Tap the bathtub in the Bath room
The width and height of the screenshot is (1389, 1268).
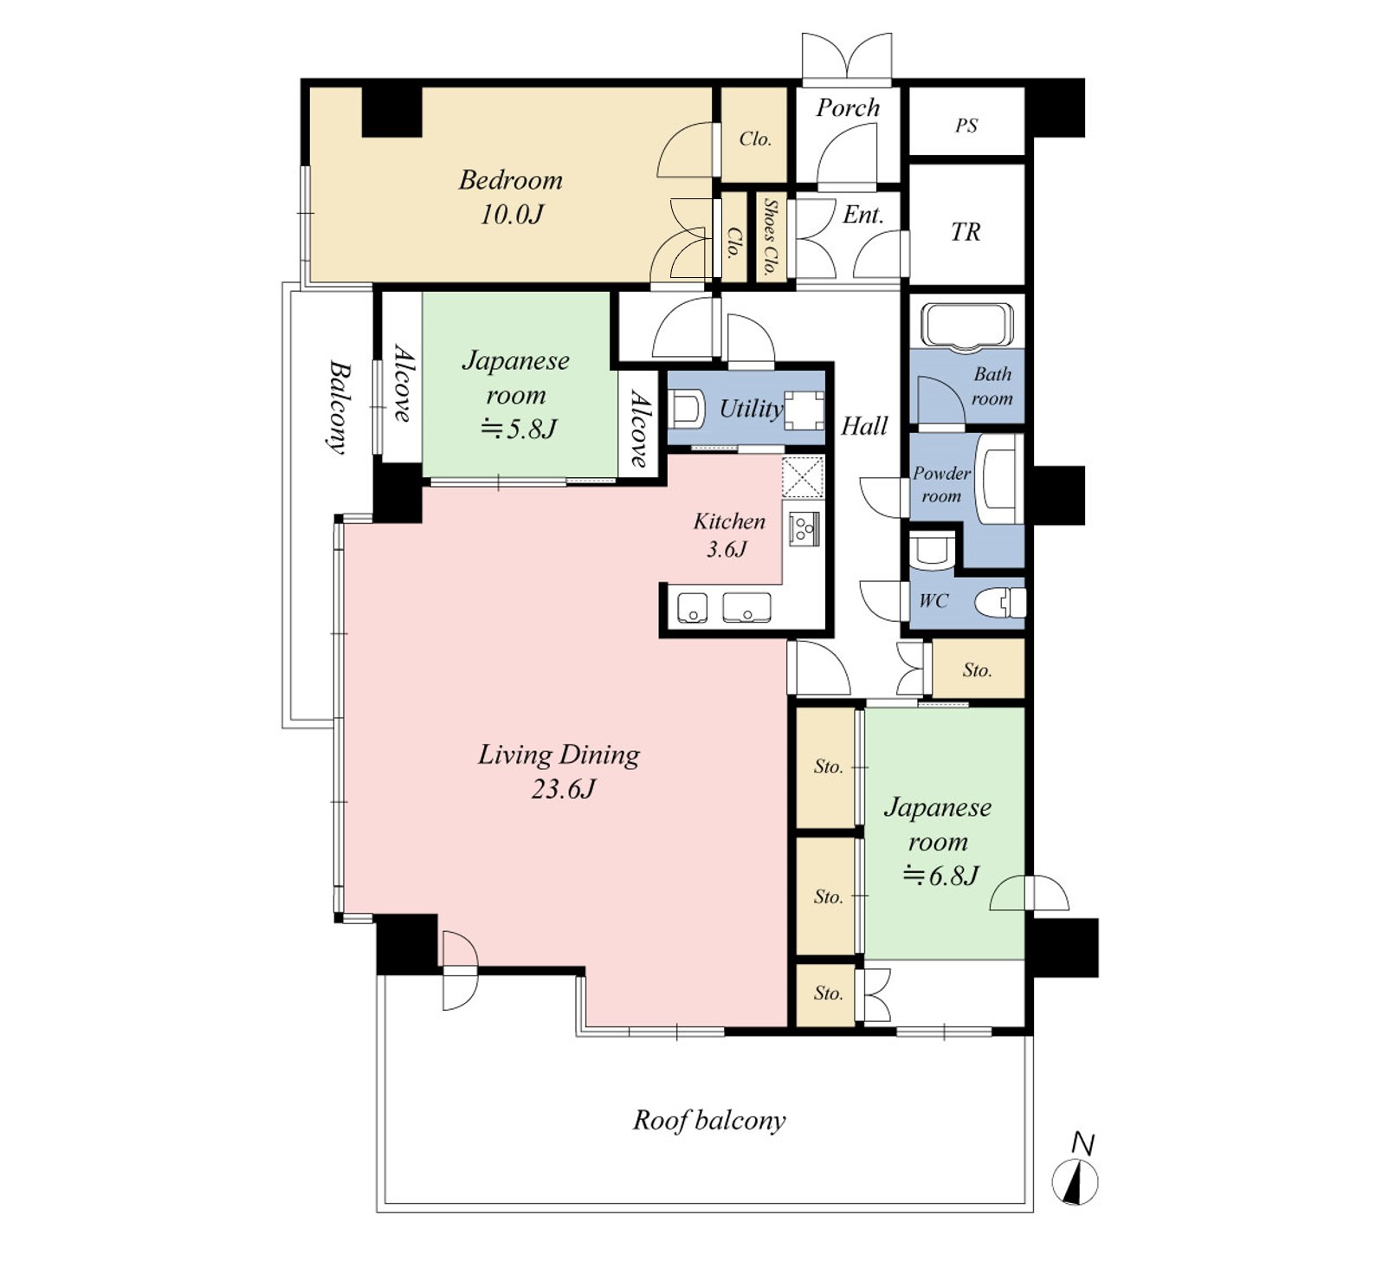click(x=966, y=327)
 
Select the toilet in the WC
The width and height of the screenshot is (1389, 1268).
click(x=1000, y=602)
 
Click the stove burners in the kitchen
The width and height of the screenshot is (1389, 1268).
click(x=804, y=528)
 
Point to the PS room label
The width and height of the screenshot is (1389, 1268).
click(x=966, y=126)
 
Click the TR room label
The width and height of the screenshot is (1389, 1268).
click(x=966, y=232)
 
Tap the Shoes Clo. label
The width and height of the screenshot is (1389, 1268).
click(x=770, y=236)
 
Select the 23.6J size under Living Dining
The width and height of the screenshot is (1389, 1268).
click(x=564, y=789)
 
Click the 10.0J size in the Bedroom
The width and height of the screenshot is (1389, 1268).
click(x=512, y=214)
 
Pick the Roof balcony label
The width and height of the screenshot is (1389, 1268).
click(x=709, y=1120)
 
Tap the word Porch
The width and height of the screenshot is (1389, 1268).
click(x=848, y=107)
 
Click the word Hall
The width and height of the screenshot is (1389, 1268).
click(x=864, y=425)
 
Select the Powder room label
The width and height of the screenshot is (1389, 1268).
click(x=941, y=485)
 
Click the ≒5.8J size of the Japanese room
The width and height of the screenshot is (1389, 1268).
click(x=519, y=429)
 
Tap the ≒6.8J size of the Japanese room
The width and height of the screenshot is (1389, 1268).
click(x=940, y=876)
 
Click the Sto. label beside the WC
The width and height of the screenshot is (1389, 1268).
click(x=977, y=670)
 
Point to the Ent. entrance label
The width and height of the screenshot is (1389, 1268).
click(x=862, y=215)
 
